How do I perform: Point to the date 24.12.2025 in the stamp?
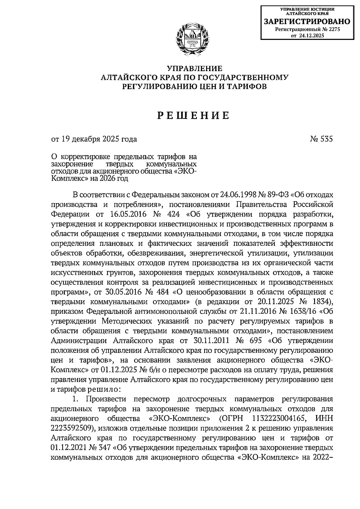click(x=312, y=36)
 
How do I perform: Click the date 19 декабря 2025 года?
click(x=99, y=139)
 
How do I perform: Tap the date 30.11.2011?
click(x=212, y=341)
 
